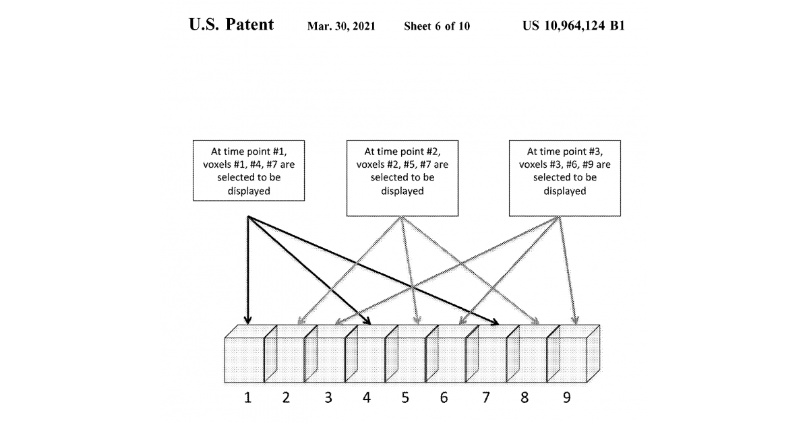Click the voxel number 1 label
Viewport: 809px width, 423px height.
click(247, 398)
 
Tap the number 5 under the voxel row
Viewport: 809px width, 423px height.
click(405, 398)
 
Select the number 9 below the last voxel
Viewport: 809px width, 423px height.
click(566, 398)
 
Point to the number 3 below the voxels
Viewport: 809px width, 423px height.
click(328, 398)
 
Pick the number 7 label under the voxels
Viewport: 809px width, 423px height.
click(486, 398)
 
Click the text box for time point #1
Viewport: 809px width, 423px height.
click(248, 170)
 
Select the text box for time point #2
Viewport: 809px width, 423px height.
click(402, 178)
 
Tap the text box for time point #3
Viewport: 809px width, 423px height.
click(564, 178)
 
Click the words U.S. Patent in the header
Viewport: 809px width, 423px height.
click(231, 26)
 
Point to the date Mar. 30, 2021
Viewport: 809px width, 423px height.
click(341, 27)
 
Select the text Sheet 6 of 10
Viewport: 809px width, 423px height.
click(437, 27)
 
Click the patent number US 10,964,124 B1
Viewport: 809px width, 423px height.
click(574, 26)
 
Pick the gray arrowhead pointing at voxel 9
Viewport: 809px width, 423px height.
click(575, 321)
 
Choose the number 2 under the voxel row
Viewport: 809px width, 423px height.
click(286, 398)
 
